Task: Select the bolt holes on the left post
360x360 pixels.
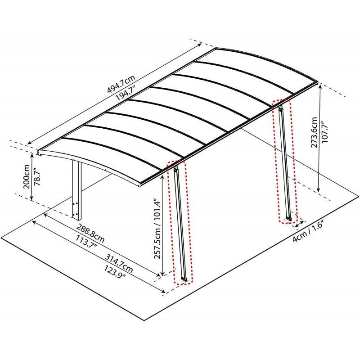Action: click(x=76, y=209)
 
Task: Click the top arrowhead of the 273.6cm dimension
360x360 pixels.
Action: click(x=319, y=87)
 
